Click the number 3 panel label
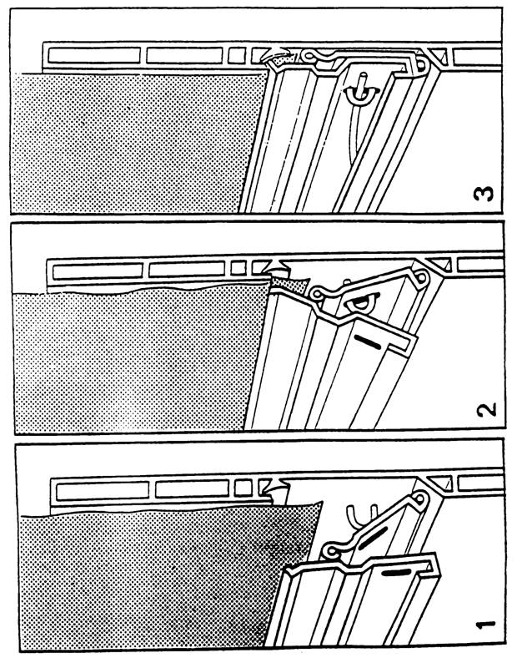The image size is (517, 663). [x=483, y=194]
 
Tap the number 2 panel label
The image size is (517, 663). [x=487, y=410]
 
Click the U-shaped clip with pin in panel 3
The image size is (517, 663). [x=361, y=92]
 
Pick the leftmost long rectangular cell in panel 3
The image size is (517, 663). [x=94, y=55]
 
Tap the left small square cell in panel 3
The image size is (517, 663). [x=236, y=55]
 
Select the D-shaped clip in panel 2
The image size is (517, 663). [x=360, y=302]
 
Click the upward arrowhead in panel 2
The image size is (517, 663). [x=274, y=267]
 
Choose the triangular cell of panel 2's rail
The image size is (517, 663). [x=440, y=264]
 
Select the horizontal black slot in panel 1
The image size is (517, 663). [x=396, y=573]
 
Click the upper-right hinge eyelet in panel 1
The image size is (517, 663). [x=419, y=499]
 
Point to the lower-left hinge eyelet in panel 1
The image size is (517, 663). [x=330, y=551]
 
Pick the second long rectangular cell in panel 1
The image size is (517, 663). [x=193, y=488]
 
